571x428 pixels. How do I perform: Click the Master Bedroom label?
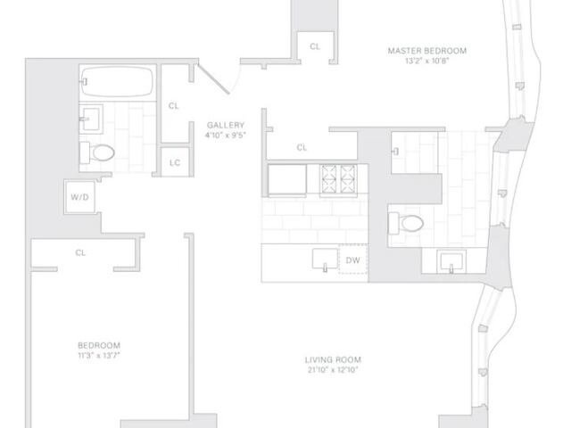pyautogui.click(x=426, y=51)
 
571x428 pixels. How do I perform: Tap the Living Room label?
pyautogui.click(x=333, y=360)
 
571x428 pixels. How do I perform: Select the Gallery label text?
pyautogui.click(x=226, y=125)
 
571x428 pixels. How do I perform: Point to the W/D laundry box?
pyautogui.click(x=79, y=197)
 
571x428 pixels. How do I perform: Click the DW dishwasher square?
pyautogui.click(x=353, y=259)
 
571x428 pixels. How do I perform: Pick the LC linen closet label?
pyautogui.click(x=175, y=162)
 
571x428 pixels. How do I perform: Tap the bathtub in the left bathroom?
pyautogui.click(x=117, y=81)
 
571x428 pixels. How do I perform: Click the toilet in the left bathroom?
pyautogui.click(x=97, y=152)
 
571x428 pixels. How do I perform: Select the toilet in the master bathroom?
pyautogui.click(x=406, y=223)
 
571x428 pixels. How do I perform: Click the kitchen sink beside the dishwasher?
pyautogui.click(x=325, y=259)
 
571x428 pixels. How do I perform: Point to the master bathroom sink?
pyautogui.click(x=451, y=261)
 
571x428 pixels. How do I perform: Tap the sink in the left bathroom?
pyautogui.click(x=91, y=119)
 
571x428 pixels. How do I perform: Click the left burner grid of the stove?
pyautogui.click(x=329, y=178)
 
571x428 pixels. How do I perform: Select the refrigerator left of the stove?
pyautogui.click(x=287, y=180)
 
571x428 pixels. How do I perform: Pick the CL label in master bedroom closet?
pyautogui.click(x=315, y=46)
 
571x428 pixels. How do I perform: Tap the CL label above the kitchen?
pyautogui.click(x=302, y=147)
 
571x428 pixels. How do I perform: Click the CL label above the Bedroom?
pyautogui.click(x=80, y=252)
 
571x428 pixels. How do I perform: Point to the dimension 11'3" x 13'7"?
pyautogui.click(x=99, y=356)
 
